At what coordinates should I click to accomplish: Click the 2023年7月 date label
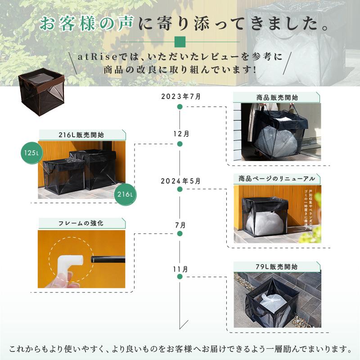pos(180,97)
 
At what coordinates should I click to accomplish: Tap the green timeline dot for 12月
pos(180,144)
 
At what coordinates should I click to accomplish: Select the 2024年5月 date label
pos(180,181)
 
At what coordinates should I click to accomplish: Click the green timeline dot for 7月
pos(180,234)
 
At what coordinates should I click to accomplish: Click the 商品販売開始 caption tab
pos(276,97)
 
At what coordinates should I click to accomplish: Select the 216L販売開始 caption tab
pos(81,135)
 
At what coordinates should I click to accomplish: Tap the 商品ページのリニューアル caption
pos(276,179)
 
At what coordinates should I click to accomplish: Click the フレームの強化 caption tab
pos(81,223)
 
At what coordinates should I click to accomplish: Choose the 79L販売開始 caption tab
pos(276,266)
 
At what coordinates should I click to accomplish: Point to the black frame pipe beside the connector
pos(108,260)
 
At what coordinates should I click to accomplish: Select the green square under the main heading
pos(180,41)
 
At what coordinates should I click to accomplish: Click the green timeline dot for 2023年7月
pos(180,107)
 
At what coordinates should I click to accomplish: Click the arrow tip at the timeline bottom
pos(180,328)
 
